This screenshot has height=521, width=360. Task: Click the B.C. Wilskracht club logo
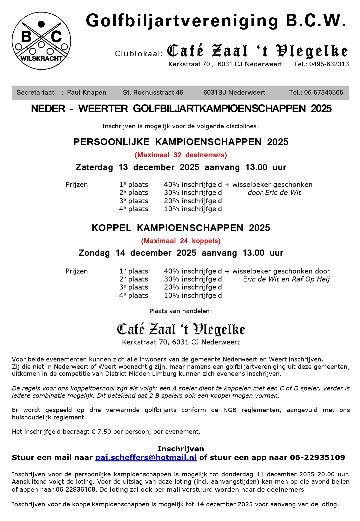(41, 41)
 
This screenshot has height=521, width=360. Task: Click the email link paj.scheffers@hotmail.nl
(146, 457)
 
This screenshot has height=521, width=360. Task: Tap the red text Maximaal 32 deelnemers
(181, 155)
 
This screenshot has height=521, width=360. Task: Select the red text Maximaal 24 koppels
(181, 241)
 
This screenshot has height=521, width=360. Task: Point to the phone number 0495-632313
(329, 64)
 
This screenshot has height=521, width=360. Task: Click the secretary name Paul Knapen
(87, 93)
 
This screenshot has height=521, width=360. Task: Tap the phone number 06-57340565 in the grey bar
(323, 93)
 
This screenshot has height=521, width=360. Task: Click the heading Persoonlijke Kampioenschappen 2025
(181, 142)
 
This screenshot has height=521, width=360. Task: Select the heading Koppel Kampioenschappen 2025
(181, 228)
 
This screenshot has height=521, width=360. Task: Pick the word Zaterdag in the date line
(94, 167)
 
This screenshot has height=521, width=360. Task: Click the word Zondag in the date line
(94, 253)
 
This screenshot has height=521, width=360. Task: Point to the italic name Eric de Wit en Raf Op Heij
(286, 279)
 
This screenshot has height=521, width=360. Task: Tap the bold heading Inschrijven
(181, 449)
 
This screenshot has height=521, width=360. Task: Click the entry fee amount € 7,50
(101, 432)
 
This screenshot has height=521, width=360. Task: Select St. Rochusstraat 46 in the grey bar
(153, 93)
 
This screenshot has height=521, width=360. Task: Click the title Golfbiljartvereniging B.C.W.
(216, 21)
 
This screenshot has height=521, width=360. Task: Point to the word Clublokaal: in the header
(139, 54)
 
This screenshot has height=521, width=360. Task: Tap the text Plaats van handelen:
(181, 311)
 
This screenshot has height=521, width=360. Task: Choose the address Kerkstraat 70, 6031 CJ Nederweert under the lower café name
(181, 342)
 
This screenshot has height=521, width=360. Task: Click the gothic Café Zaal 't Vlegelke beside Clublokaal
(257, 51)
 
